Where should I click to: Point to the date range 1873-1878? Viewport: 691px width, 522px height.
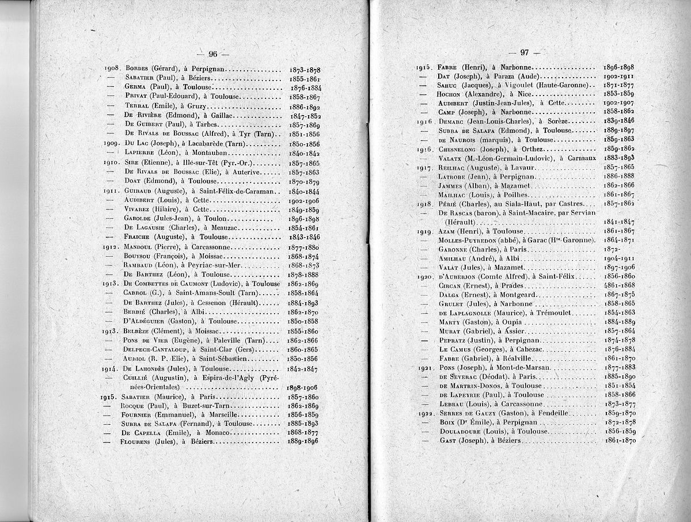tap(305, 68)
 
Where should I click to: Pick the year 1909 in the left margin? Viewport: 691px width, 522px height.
tap(112, 143)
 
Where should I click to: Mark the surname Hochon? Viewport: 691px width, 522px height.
tap(452, 94)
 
